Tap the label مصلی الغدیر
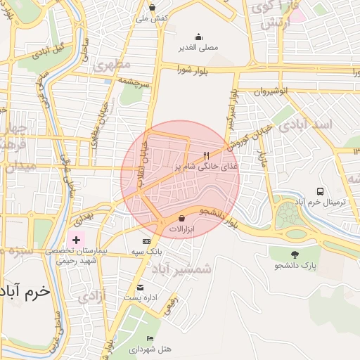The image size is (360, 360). click(200, 49)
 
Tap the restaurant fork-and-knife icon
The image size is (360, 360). click(206, 155)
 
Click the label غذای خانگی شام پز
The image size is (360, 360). click(206, 167)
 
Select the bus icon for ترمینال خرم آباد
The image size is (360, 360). click(321, 191)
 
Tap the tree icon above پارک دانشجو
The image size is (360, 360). click(294, 255)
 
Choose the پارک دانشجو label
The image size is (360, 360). click(295, 266)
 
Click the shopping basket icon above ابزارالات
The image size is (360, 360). click(182, 217)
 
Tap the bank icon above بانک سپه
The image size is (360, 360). click(146, 241)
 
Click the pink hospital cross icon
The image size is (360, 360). click(76, 240)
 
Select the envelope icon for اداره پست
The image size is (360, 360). click(140, 287)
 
